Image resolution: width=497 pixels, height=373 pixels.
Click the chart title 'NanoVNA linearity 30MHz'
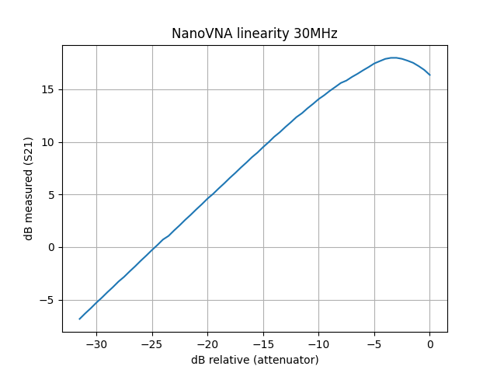[x=254, y=33]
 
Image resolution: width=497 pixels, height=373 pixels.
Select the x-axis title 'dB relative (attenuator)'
[x=255, y=360]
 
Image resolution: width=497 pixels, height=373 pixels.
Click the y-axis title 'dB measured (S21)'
[x=29, y=189]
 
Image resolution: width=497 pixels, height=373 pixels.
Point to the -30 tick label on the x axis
[x=96, y=343]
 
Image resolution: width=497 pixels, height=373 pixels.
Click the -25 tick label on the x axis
[x=152, y=343]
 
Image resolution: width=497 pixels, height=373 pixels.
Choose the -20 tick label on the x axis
[x=207, y=343]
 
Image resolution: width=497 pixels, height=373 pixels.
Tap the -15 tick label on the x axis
[x=263, y=343]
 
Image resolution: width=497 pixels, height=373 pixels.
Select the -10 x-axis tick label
[x=318, y=343]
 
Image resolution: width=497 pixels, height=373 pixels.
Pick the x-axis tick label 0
[x=429, y=343]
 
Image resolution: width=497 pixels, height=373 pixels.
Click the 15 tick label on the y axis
[x=48, y=89]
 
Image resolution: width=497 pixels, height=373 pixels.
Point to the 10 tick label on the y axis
[x=48, y=142]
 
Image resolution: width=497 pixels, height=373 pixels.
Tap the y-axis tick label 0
[x=51, y=247]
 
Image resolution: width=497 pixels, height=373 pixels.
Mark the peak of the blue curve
[x=394, y=58]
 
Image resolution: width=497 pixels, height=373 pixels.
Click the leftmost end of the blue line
[x=80, y=319]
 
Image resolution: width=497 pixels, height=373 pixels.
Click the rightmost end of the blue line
[x=429, y=75]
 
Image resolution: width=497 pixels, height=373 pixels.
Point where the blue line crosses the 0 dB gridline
[x=156, y=247]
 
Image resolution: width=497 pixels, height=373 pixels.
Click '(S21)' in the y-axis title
[x=29, y=152]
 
